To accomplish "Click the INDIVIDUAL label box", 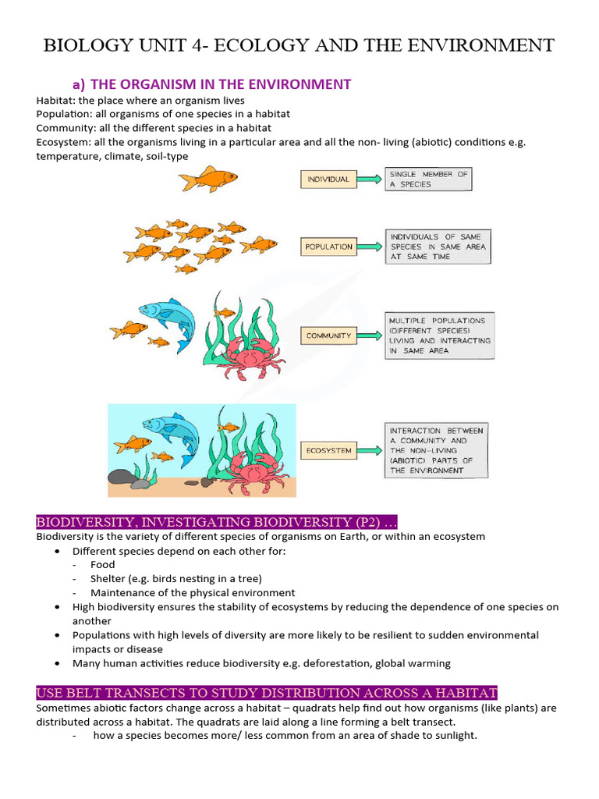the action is pos(328,179).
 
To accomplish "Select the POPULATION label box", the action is pos(328,247).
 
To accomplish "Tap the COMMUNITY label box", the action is pos(328,336).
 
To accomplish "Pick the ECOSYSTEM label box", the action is pos(328,450).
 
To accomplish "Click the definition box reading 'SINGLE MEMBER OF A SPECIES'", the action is pos(429,179).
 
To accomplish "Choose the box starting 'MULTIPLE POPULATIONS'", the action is pos(440,336).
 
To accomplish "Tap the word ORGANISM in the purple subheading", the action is pos(159,84).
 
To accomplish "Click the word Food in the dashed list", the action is pos(102,564).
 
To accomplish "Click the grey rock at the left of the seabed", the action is pos(121,477).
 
